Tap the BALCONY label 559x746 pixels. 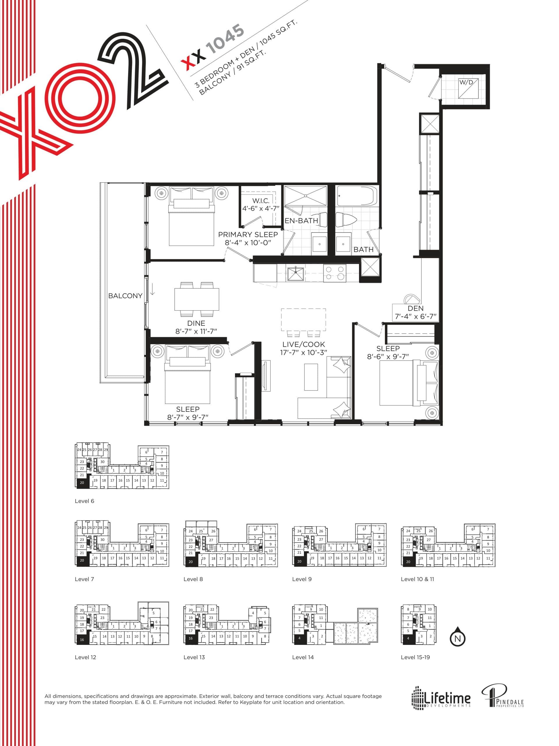(x=125, y=296)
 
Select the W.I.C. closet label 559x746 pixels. (x=261, y=201)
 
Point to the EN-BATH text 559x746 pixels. (x=301, y=221)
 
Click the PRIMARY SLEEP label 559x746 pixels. (x=248, y=234)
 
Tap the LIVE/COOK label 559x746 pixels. (x=304, y=344)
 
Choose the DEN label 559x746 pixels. (x=415, y=308)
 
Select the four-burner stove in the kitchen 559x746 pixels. (x=335, y=273)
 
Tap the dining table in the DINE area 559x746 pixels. (x=197, y=299)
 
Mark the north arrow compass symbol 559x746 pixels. (x=457, y=638)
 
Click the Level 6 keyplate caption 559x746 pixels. (x=84, y=501)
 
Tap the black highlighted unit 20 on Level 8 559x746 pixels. (x=191, y=562)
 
